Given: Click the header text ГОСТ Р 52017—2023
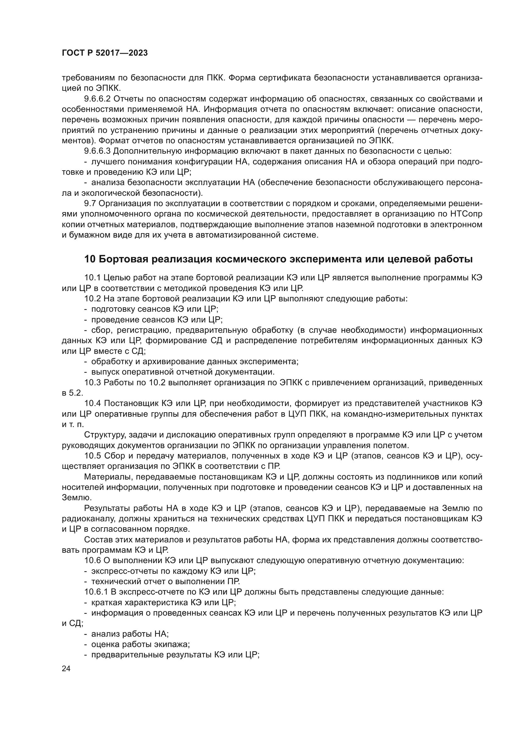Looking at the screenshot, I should pos(105,53).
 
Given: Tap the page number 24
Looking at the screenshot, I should pos(66,668).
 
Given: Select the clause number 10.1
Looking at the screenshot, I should pos(93,277).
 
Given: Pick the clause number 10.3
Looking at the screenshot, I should pos(93,382).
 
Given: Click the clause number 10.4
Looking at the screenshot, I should pos(93,403).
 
